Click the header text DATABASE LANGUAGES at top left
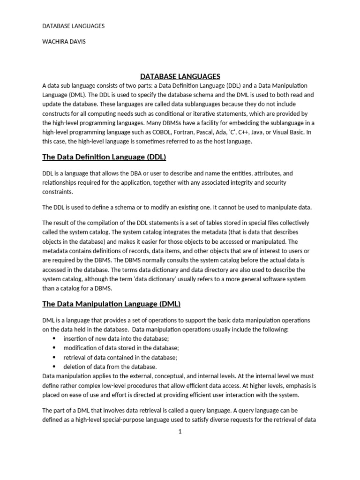point(73,26)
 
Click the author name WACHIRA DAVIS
point(64,41)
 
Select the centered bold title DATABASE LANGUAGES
point(180,76)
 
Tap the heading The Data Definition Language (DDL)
point(104,157)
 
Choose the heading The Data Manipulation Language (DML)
point(111,304)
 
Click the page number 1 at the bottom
point(180,431)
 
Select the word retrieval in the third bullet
point(75,357)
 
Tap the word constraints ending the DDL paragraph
point(58,192)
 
